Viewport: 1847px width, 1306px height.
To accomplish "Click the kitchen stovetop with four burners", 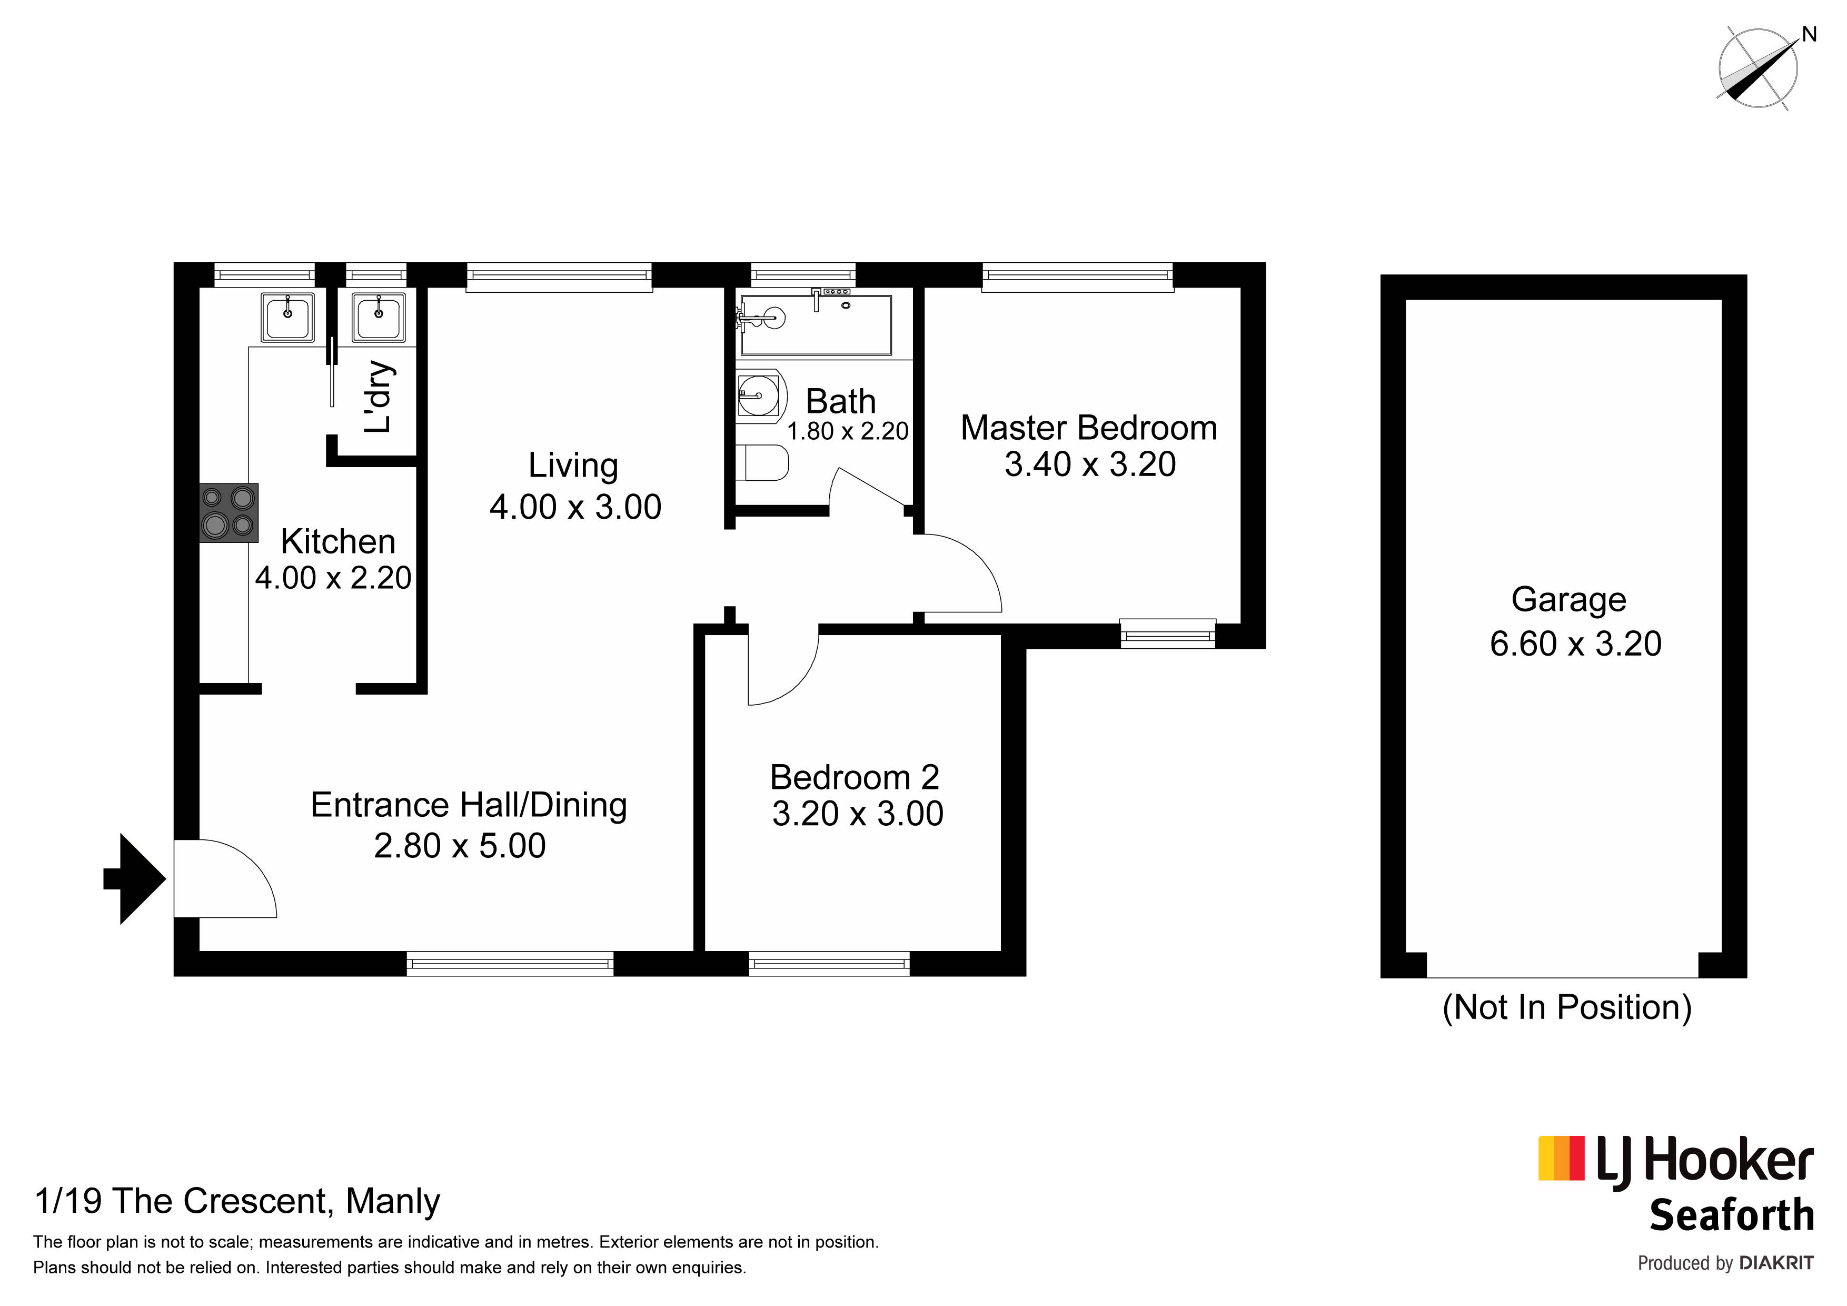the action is pyautogui.click(x=229, y=512).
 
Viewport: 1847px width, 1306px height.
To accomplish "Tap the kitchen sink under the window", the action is pyautogui.click(x=287, y=316).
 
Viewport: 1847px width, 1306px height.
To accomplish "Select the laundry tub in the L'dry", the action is pyautogui.click(x=378, y=316).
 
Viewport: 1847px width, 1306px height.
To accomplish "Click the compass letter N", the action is pyautogui.click(x=1809, y=35).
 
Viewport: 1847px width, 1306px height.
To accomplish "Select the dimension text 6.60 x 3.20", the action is pyautogui.click(x=1575, y=644).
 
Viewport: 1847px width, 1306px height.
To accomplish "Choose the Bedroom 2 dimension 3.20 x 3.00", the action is pyautogui.click(x=858, y=814).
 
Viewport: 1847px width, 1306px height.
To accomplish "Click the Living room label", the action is pyautogui.click(x=573, y=467).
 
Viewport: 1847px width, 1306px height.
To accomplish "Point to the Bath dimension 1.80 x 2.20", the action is pyautogui.click(x=848, y=431).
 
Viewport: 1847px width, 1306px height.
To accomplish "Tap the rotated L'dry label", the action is pyautogui.click(x=378, y=397).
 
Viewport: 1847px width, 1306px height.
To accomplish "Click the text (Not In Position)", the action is pyautogui.click(x=1567, y=1007).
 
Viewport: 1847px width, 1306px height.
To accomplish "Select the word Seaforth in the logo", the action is pyautogui.click(x=1732, y=1215).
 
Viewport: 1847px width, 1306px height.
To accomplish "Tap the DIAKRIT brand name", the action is pyautogui.click(x=1776, y=1264).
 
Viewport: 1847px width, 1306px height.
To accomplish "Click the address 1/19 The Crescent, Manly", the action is pyautogui.click(x=237, y=1201).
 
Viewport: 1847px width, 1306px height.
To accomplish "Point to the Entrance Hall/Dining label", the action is pyautogui.click(x=469, y=806).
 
